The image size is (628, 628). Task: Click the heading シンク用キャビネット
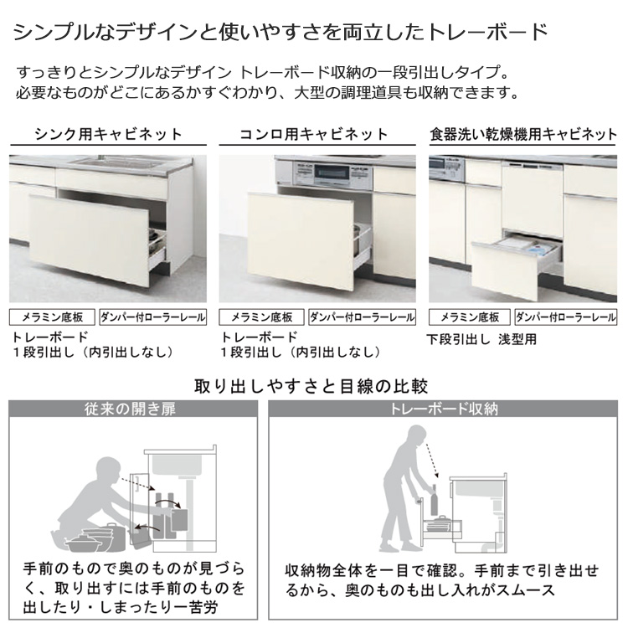109,134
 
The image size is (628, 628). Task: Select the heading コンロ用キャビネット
314,134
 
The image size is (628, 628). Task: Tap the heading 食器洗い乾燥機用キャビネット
523,134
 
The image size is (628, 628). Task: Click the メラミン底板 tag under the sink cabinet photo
52,317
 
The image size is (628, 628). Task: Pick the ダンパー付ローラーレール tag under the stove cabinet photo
362,317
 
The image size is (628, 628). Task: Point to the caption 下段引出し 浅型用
481,339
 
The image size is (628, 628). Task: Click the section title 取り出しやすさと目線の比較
311,386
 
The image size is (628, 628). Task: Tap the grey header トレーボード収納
443,409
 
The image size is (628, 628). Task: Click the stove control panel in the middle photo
332,172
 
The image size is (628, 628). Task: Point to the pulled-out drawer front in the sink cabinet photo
88,239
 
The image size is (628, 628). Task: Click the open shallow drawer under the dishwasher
516,265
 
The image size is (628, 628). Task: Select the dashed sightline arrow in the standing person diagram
432,461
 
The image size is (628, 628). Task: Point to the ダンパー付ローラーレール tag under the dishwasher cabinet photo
566,317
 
